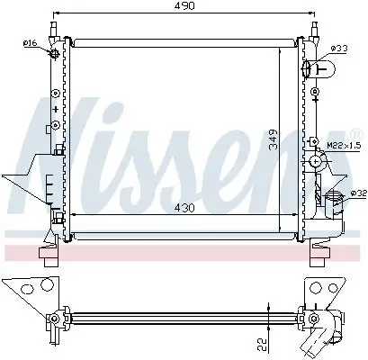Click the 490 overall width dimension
(185, 7)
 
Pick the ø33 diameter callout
(338, 47)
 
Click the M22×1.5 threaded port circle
(316, 162)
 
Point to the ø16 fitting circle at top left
(56, 54)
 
